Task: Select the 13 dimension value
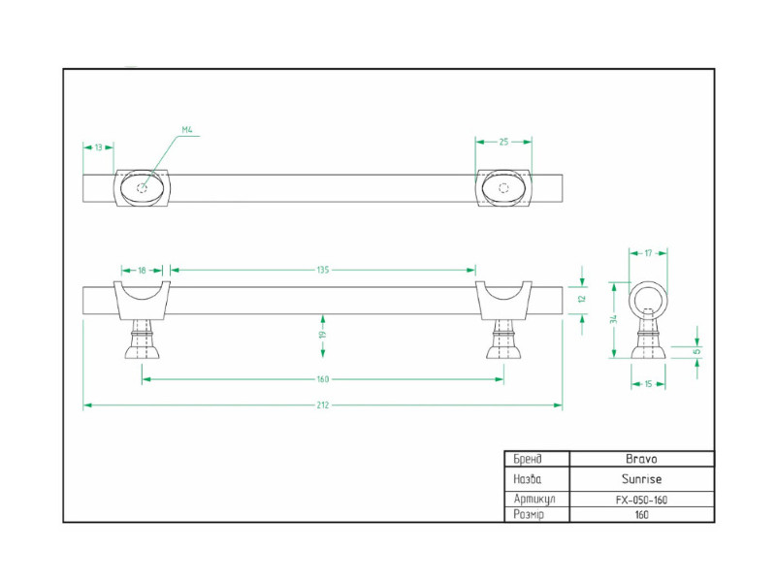(x=99, y=147)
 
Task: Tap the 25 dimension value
(x=503, y=143)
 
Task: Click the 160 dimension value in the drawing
(x=323, y=379)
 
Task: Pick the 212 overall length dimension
(x=323, y=404)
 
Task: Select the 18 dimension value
(x=143, y=270)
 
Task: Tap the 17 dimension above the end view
(x=648, y=253)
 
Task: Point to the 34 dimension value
(x=613, y=319)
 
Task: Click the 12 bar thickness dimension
(x=581, y=299)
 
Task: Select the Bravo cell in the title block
(x=640, y=459)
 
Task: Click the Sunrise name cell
(x=640, y=479)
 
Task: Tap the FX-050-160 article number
(x=640, y=500)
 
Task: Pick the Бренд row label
(x=528, y=459)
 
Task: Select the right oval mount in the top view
(x=503, y=187)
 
